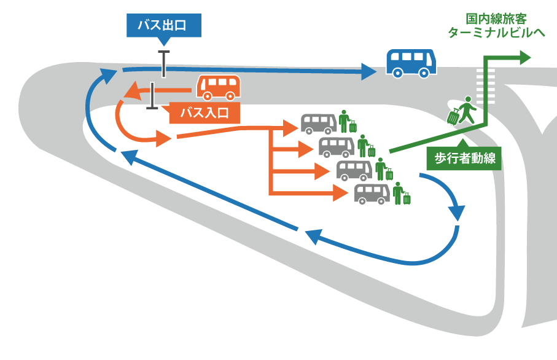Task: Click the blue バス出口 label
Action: [x=163, y=25]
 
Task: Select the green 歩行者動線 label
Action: [x=464, y=158]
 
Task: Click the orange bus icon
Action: [x=218, y=88]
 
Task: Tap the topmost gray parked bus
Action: [x=318, y=123]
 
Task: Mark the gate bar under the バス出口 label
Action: [x=163, y=64]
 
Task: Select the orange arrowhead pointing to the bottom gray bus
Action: [x=342, y=194]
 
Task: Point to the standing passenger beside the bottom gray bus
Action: [x=398, y=193]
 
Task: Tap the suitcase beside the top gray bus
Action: [x=353, y=127]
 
